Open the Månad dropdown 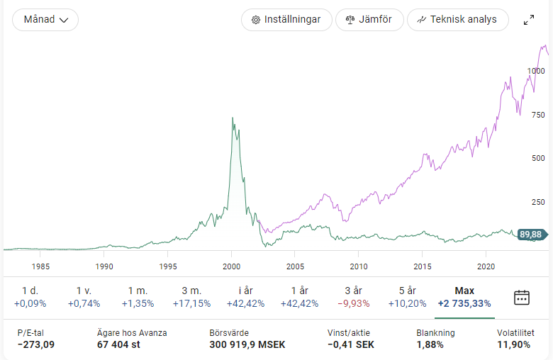[x=45, y=20]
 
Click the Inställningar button [x=286, y=20]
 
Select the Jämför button [x=369, y=20]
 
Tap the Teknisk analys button [x=457, y=20]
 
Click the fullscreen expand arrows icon [x=529, y=20]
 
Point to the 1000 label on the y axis [x=535, y=71]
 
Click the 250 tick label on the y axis [x=537, y=202]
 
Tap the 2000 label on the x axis [x=232, y=266]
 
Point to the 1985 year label [x=41, y=266]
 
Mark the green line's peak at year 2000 [x=233, y=118]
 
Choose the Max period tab [x=464, y=297]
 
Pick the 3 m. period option [x=191, y=297]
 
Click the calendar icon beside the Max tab [x=522, y=297]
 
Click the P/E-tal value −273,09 [x=36, y=345]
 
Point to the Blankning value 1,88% [x=430, y=345]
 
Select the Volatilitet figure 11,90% [x=513, y=345]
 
